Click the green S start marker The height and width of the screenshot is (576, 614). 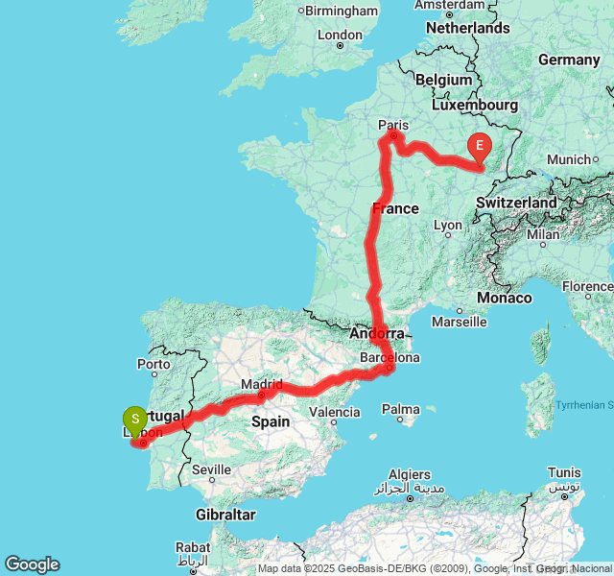point(135,420)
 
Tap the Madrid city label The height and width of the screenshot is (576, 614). point(262,384)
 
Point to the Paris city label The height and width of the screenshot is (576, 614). point(393,125)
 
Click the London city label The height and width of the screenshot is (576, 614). point(340,36)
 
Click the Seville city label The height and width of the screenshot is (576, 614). point(211,469)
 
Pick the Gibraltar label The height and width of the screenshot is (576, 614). point(224,515)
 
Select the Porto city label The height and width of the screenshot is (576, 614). point(154,364)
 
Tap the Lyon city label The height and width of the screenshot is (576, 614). point(448,226)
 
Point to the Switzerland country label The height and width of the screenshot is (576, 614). point(515,204)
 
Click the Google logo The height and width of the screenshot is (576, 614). point(32,564)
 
